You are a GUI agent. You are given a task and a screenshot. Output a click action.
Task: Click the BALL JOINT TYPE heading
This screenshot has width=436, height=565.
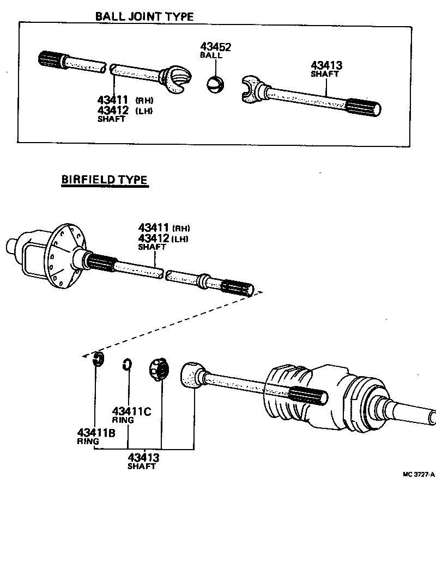(144, 16)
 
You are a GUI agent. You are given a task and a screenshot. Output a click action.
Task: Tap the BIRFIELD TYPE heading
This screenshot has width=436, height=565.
(104, 180)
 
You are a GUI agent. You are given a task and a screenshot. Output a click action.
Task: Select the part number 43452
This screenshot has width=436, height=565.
(215, 47)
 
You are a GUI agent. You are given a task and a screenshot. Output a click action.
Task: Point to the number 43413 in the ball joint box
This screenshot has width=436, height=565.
(326, 66)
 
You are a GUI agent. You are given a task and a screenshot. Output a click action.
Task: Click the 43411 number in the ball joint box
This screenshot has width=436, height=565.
(112, 100)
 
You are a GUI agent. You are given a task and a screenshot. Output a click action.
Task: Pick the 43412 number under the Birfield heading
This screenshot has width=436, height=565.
(154, 238)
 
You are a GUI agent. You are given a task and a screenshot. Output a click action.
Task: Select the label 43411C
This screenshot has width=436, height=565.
(131, 411)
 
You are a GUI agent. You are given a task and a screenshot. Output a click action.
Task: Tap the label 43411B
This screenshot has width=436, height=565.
(96, 433)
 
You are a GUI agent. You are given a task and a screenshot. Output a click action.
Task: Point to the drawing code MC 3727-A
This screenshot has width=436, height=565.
(418, 474)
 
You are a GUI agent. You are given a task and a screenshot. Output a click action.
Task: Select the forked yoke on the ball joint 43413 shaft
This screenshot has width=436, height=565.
(252, 88)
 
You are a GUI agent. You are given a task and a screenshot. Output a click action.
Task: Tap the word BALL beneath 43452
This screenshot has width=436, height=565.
(211, 56)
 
